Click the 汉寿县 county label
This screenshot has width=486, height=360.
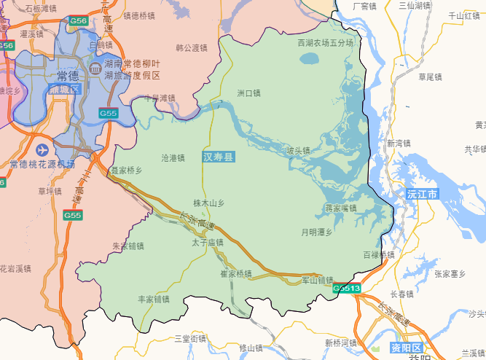point(219,157)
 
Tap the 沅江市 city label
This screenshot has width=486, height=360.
point(423,195)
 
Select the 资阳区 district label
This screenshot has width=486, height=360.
point(405,347)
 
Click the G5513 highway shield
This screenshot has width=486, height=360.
point(347,289)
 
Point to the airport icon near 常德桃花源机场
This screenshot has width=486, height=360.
point(42,149)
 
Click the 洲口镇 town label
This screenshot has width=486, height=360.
point(248,93)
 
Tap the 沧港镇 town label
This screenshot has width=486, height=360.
point(173,157)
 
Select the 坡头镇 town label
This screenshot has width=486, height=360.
point(298,151)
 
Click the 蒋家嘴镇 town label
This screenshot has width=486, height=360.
point(340,208)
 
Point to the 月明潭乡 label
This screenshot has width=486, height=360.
point(316,232)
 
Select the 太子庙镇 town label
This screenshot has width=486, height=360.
point(208,242)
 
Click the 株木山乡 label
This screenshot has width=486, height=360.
point(209,203)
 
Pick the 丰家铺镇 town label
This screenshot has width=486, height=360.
point(153,299)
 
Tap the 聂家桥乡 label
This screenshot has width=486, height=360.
point(126,171)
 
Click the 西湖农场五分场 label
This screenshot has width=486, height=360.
point(325,43)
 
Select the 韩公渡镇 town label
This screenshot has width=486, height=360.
point(192,48)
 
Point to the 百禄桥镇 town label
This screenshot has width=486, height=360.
point(378,255)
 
